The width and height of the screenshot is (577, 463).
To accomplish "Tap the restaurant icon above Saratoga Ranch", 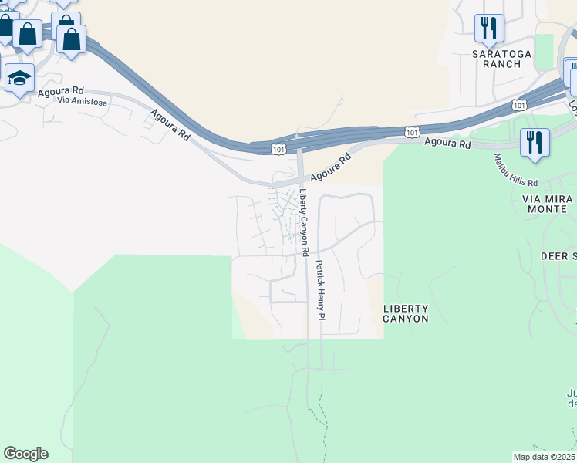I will [x=489, y=29].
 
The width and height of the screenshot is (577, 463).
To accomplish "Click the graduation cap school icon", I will [x=19, y=78].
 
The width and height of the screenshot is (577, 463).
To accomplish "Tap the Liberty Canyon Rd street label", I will [x=305, y=223].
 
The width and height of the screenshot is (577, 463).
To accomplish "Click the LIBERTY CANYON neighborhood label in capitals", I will [x=406, y=313].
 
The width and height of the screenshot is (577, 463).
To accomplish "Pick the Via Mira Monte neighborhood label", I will [x=548, y=204].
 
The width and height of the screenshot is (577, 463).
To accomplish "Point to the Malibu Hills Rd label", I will [x=515, y=171].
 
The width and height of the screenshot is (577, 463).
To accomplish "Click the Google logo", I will [x=25, y=454].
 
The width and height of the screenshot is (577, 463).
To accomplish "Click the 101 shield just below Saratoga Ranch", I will [x=519, y=104].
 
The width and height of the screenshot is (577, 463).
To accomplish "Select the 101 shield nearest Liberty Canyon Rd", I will [x=278, y=147].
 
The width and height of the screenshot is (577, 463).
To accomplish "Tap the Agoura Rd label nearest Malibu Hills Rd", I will [x=448, y=144].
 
